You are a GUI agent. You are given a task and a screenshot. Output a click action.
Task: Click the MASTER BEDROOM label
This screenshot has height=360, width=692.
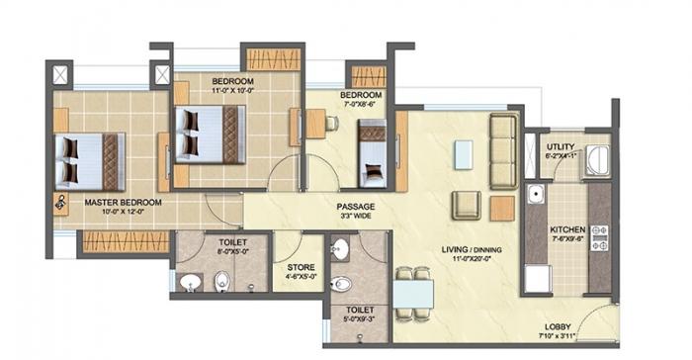point(122,201)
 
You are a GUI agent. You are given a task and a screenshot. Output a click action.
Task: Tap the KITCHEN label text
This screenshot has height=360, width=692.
point(568,229)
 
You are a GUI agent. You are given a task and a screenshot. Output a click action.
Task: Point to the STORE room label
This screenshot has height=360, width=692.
point(300,267)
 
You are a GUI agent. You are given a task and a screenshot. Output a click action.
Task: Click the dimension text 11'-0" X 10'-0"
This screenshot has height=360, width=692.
point(232,91)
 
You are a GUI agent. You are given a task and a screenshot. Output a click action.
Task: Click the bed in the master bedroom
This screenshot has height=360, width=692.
point(87,160)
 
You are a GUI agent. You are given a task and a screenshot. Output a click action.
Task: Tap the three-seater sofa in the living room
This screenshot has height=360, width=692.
point(504,149)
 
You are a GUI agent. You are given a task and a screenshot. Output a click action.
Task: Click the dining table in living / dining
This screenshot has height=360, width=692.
point(412,295)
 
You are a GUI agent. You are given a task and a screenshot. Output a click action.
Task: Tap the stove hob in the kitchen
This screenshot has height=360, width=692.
point(598,237)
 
